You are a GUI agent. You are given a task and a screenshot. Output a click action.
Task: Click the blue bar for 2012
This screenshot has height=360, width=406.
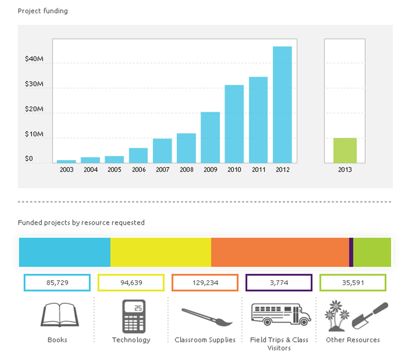coord(282,105)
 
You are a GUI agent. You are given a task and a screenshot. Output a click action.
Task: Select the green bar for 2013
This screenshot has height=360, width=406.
coord(345,150)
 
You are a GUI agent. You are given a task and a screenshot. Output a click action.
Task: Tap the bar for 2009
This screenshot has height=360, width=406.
coord(210,137)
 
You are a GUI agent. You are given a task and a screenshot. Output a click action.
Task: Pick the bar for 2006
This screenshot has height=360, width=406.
coord(138,156)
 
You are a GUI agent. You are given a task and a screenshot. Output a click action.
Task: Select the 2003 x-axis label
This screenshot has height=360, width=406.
coord(66,170)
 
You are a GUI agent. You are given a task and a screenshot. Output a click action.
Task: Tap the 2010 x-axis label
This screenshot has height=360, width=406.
coord(234,170)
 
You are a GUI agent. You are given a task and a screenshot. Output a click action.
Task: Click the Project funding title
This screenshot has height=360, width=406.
coord(43,11)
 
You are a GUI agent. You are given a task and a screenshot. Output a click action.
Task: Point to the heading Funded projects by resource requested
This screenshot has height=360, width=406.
coord(81,223)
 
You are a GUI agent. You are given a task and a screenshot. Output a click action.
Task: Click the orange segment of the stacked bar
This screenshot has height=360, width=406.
coord(280,252)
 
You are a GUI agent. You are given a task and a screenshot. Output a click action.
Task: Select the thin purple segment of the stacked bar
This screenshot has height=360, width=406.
coord(351,252)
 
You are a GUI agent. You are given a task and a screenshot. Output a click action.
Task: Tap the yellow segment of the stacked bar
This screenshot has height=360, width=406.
coord(161,252)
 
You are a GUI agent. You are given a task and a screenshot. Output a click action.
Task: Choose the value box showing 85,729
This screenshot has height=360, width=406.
coord(57,283)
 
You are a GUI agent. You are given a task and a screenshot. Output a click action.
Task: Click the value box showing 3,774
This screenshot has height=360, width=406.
coord(279,283)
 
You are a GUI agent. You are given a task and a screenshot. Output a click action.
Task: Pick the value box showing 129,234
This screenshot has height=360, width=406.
coord(205,283)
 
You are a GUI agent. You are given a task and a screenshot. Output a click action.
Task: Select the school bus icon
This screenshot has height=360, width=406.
coord(281,314)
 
